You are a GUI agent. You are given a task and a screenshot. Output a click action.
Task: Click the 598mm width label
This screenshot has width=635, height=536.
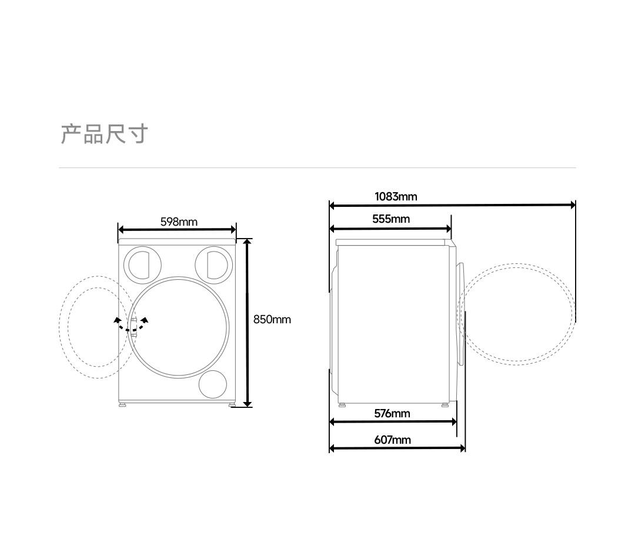tap(179, 222)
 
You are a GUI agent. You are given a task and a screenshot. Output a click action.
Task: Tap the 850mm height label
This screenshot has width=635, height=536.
tap(272, 319)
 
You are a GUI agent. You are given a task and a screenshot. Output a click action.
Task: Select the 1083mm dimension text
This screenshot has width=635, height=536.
tap(396, 196)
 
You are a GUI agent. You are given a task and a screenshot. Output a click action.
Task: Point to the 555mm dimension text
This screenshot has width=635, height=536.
tap(391, 219)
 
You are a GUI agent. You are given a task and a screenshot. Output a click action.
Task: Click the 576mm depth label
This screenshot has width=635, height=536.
tap(392, 413)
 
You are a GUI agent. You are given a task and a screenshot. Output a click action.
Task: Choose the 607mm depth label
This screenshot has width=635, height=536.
tap(392, 440)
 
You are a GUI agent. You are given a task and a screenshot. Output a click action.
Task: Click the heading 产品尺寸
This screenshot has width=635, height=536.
tap(105, 134)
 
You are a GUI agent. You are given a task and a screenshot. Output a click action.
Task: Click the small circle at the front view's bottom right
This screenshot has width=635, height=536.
tap(213, 384)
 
